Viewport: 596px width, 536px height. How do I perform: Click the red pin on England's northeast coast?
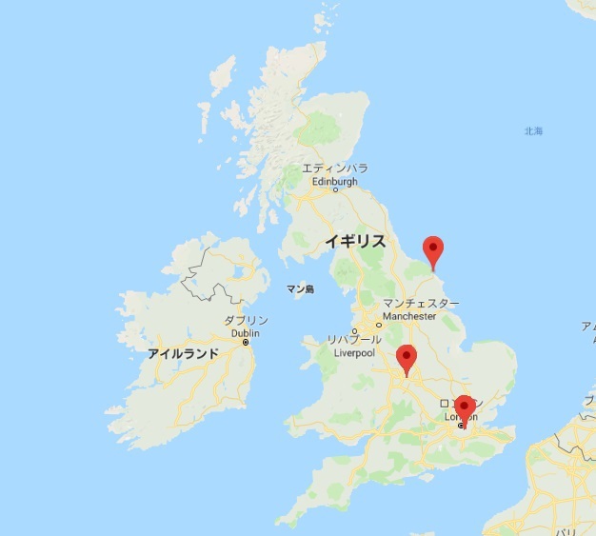(433, 250)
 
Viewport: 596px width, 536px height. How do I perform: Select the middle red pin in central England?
(407, 358)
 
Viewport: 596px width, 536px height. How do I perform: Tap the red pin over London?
(464, 408)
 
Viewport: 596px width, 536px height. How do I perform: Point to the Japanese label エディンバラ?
(334, 169)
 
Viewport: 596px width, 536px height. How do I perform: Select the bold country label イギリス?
(354, 241)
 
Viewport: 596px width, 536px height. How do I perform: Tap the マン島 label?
(300, 288)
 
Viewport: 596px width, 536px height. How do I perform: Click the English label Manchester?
(409, 316)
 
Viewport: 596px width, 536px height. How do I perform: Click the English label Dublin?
(245, 333)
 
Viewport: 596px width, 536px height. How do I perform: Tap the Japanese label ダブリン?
(246, 321)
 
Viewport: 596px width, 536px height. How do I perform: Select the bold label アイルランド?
(183, 353)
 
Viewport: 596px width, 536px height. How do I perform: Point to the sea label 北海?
(533, 131)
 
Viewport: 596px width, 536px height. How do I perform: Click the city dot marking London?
(461, 426)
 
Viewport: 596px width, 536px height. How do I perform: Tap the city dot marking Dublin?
(246, 343)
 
